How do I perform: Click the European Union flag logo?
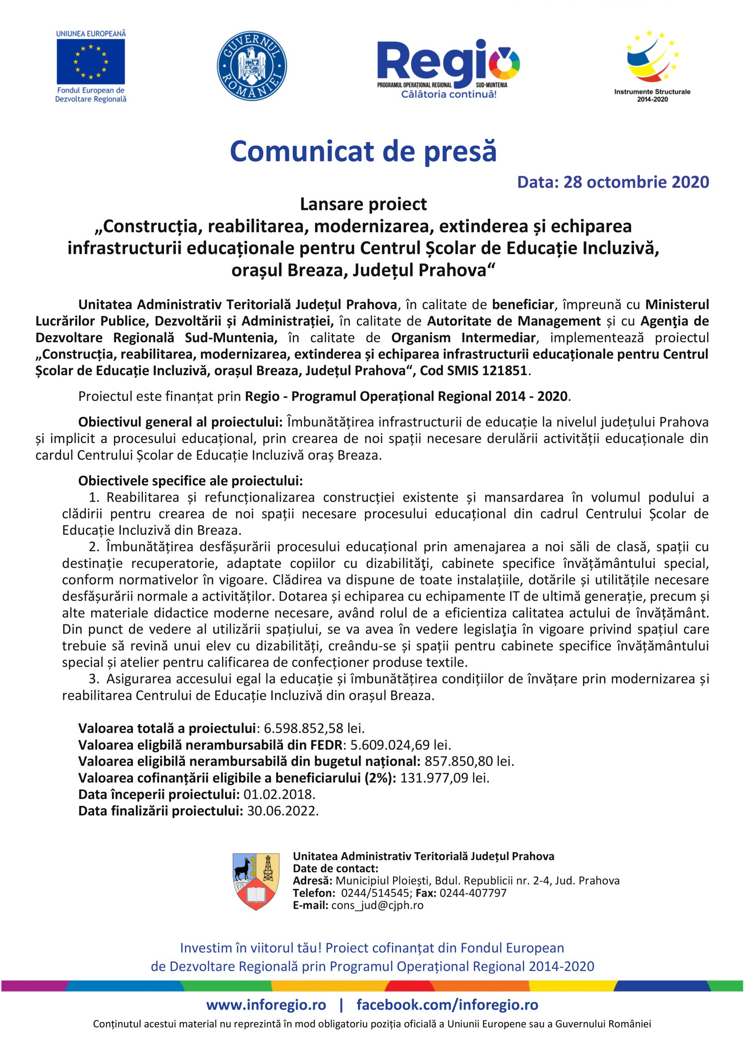pyautogui.click(x=91, y=62)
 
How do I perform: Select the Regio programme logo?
pyautogui.click(x=448, y=66)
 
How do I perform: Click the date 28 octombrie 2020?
pyautogui.click(x=636, y=183)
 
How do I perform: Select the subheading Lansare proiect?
pyautogui.click(x=363, y=204)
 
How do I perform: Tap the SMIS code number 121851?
pyautogui.click(x=505, y=371)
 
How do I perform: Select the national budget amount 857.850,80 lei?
pyautogui.click(x=469, y=761)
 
